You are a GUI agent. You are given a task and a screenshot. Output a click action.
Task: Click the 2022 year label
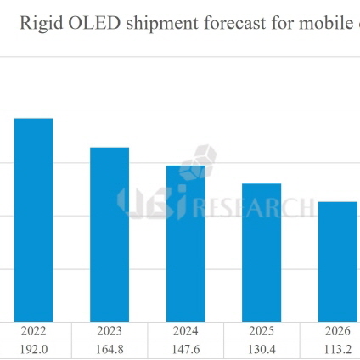(x=34, y=332)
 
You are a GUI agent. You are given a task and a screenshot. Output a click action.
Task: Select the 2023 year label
(x=110, y=332)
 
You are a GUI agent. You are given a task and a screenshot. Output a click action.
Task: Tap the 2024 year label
(x=186, y=332)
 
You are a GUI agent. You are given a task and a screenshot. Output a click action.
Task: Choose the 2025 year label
(x=262, y=332)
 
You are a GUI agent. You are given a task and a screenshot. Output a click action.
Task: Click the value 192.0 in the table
(x=34, y=349)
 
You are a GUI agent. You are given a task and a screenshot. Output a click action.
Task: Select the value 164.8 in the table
(x=110, y=349)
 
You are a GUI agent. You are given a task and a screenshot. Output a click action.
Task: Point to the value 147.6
(x=186, y=349)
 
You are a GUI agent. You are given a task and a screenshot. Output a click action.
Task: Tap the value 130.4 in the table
(x=262, y=349)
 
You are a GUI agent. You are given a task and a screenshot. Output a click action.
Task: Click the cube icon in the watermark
(x=202, y=160)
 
